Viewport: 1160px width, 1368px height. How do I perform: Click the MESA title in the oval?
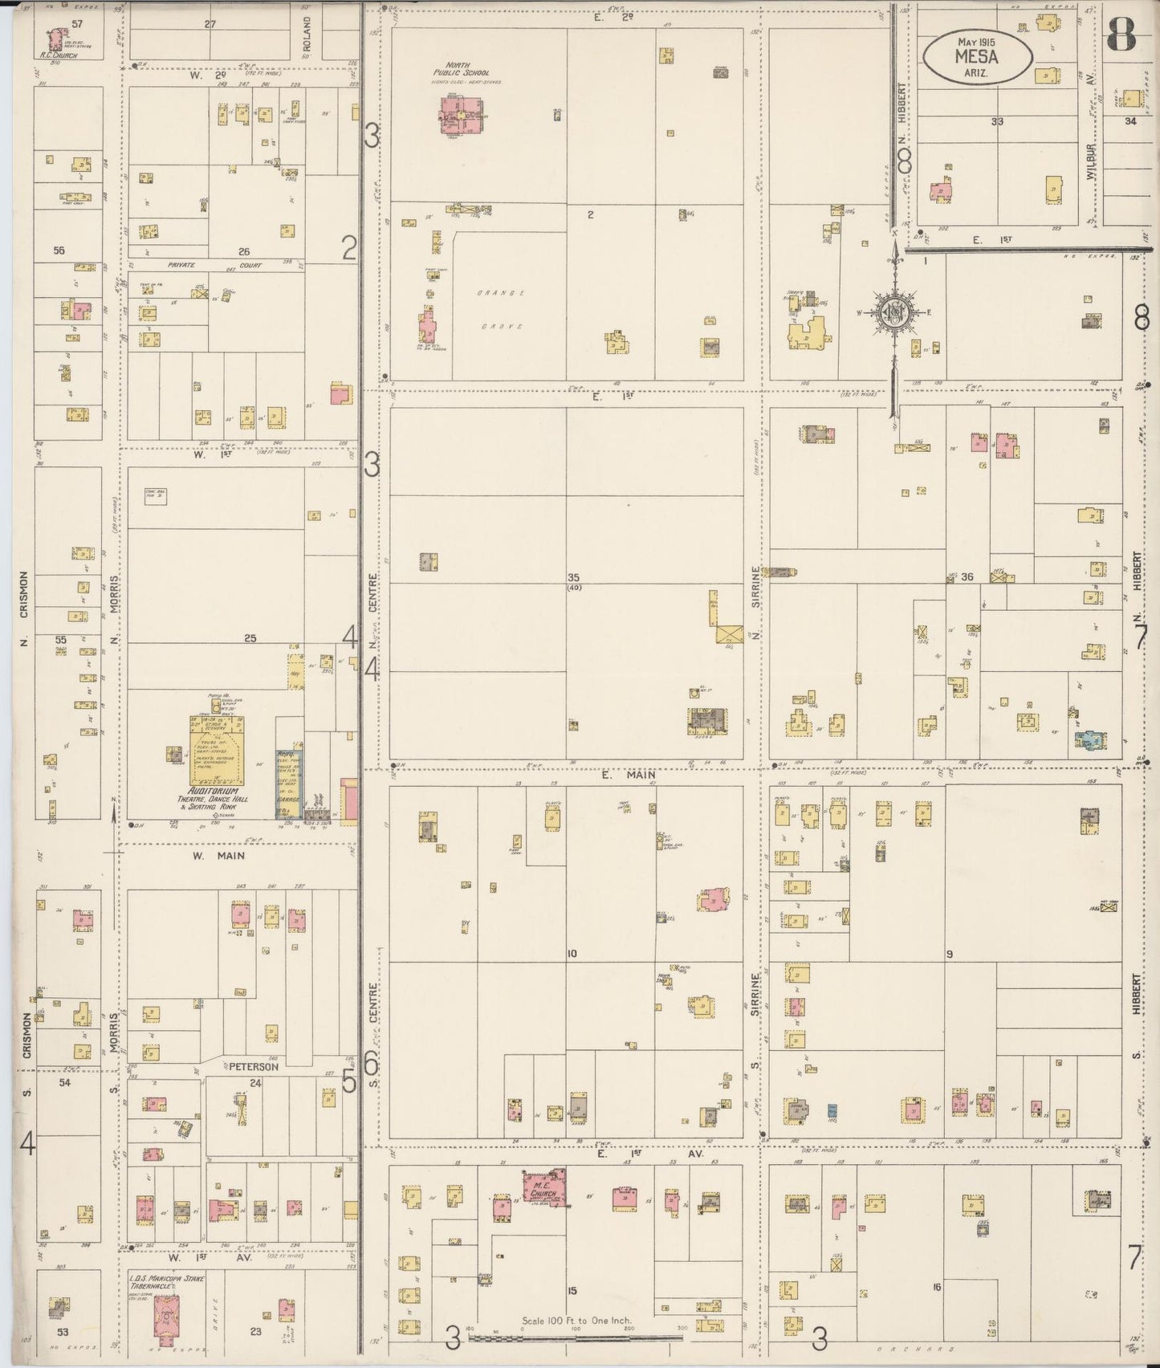[x=976, y=56]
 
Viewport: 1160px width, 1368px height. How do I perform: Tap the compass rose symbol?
[x=893, y=312]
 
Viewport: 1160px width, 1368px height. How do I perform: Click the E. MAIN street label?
[x=626, y=775]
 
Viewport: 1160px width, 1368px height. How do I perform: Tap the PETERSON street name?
[x=253, y=1067]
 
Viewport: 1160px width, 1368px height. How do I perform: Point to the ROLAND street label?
[x=307, y=37]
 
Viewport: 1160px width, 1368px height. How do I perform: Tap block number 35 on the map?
[x=573, y=577]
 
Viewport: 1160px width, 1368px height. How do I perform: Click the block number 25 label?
[x=250, y=638]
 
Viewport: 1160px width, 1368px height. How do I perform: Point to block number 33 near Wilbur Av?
[x=997, y=122]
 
